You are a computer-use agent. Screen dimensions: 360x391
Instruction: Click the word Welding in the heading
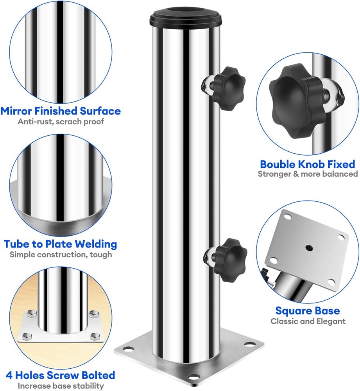(96, 244)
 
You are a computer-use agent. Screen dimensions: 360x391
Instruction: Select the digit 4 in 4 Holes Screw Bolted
(9, 375)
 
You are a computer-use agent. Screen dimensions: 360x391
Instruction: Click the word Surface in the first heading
(100, 111)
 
